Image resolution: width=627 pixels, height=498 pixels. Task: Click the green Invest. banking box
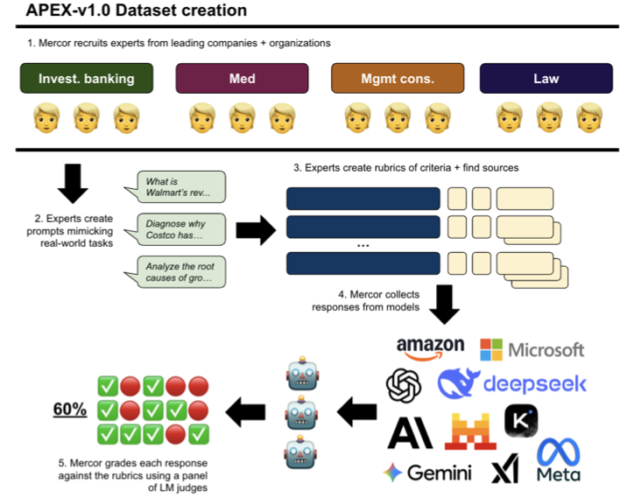pyautogui.click(x=87, y=79)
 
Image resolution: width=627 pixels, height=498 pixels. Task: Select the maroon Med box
pyautogui.click(x=242, y=79)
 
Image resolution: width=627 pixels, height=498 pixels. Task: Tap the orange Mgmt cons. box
pyautogui.click(x=397, y=79)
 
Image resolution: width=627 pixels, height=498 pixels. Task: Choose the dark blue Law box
pyautogui.click(x=546, y=79)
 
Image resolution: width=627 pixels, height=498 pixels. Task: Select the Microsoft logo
pyautogui.click(x=532, y=349)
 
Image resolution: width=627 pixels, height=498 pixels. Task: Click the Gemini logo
pyautogui.click(x=427, y=473)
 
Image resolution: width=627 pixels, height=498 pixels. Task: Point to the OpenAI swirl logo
pyautogui.click(x=405, y=386)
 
